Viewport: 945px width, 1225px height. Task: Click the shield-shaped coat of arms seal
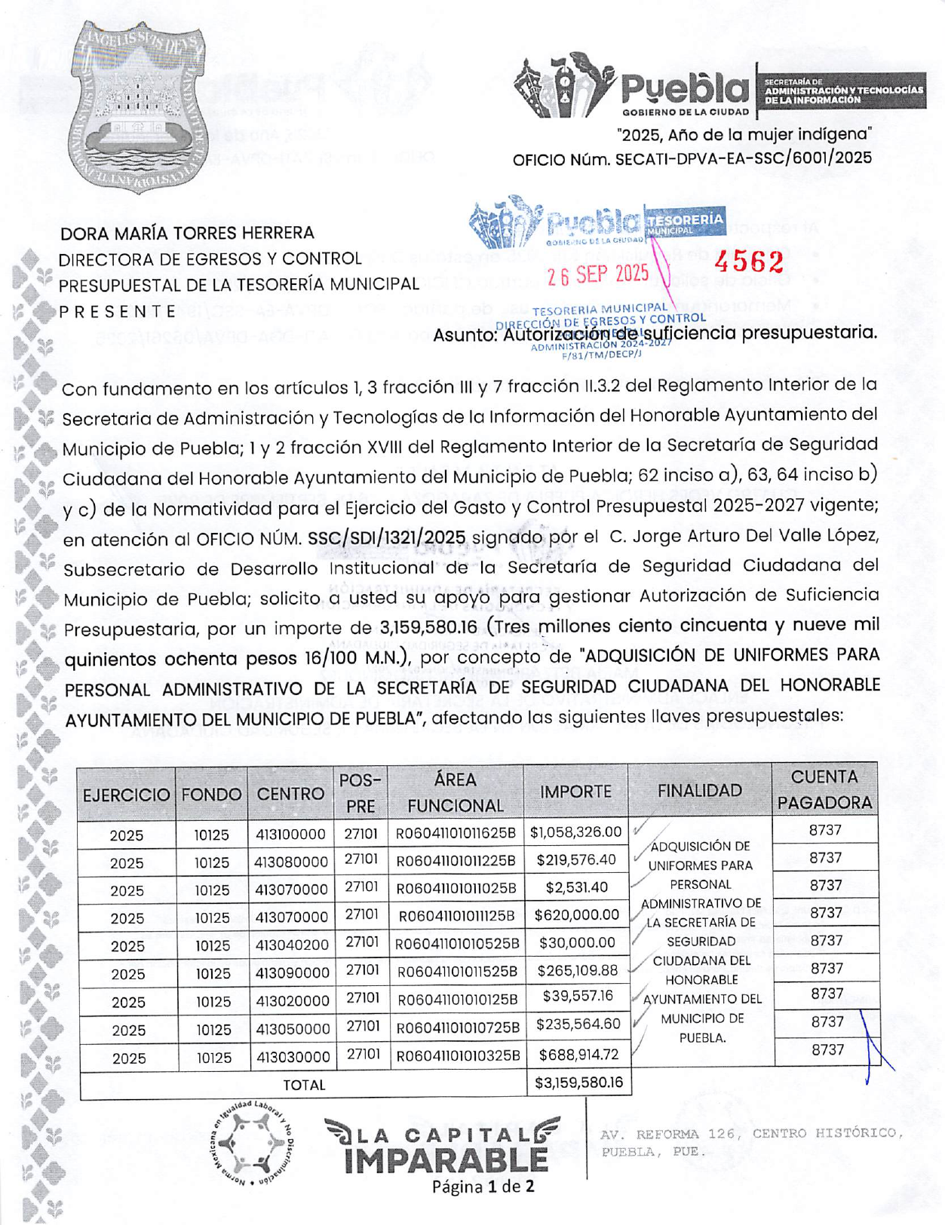click(x=137, y=107)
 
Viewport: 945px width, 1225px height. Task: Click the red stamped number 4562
click(x=749, y=262)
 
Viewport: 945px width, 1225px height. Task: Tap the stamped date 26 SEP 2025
click(x=598, y=275)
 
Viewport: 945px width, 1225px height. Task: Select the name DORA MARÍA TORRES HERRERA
click(x=187, y=233)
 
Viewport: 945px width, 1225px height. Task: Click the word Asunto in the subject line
click(x=464, y=334)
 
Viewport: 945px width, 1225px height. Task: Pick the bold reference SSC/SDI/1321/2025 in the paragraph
click(x=387, y=537)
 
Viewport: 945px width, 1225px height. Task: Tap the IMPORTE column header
click(x=575, y=792)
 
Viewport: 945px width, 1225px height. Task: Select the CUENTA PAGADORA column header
click(x=824, y=790)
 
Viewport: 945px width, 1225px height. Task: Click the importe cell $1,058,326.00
click(x=576, y=832)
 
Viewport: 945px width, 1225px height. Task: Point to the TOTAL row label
click(x=304, y=1085)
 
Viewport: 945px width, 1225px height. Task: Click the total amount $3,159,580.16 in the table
click(x=578, y=1083)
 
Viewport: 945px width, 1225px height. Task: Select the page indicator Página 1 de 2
click(x=483, y=1187)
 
